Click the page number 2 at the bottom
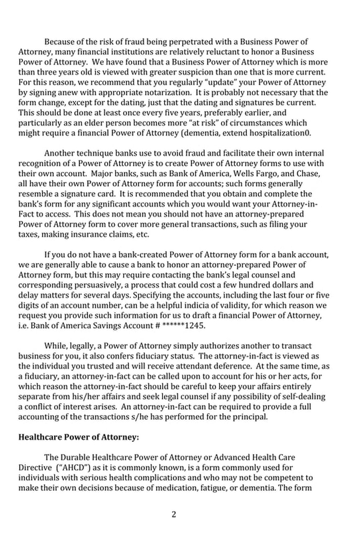point(174,514)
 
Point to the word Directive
point(34,467)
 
